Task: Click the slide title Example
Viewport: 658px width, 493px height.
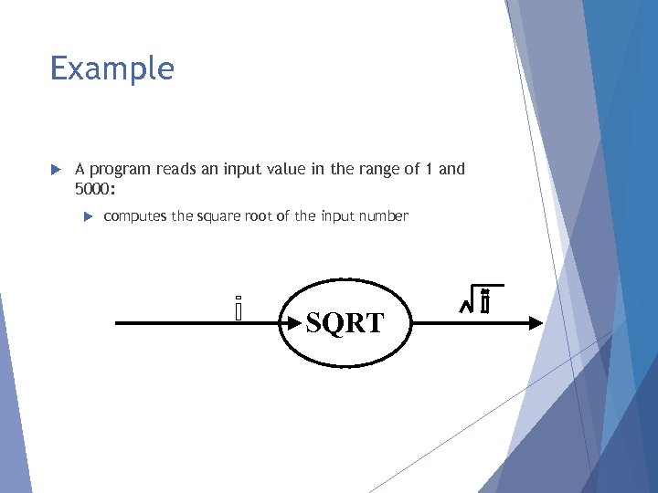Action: click(x=111, y=68)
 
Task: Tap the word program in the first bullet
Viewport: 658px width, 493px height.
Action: click(x=121, y=170)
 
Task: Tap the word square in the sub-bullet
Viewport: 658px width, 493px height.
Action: click(x=218, y=217)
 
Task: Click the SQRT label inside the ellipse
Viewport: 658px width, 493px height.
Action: click(x=345, y=323)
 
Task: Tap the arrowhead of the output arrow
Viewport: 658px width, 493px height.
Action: click(x=534, y=322)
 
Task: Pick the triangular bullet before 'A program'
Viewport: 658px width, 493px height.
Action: click(x=55, y=170)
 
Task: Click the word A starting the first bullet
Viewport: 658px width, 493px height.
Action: click(x=80, y=169)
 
